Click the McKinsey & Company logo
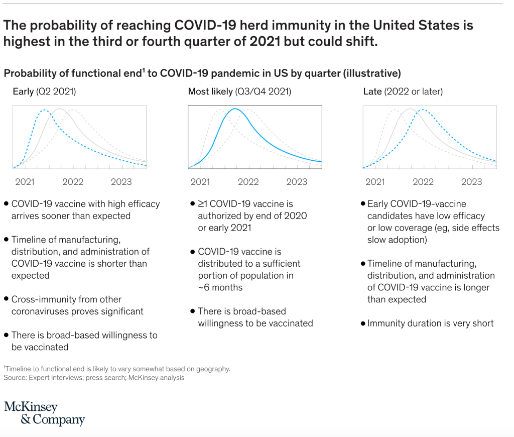click(45, 413)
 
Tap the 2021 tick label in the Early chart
click(25, 181)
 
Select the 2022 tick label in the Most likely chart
click(248, 181)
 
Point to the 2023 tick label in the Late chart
click(471, 181)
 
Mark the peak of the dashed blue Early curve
click(44, 110)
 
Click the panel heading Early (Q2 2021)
click(45, 91)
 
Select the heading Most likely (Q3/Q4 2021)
click(239, 91)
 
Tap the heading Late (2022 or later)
click(403, 91)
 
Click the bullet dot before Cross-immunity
click(6, 299)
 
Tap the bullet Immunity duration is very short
click(431, 323)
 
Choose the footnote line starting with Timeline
click(117, 369)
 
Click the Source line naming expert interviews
click(94, 377)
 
